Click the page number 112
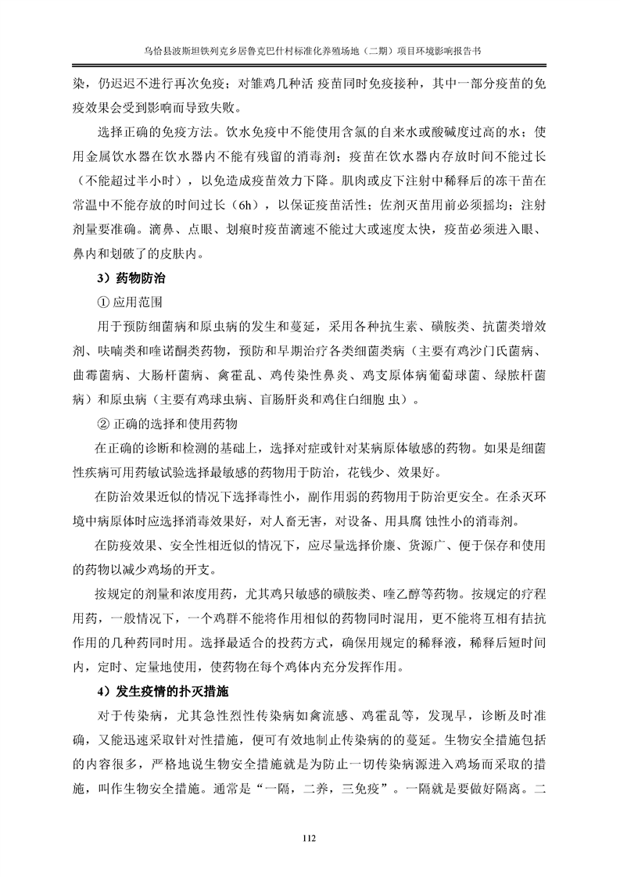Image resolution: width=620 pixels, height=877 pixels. point(309,839)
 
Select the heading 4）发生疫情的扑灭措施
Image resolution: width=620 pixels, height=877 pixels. point(163,693)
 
